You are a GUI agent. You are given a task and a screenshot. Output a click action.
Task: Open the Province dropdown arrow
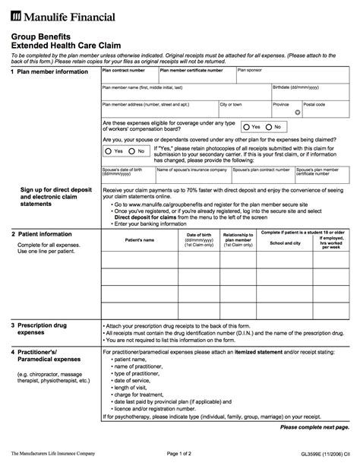[x=298, y=112]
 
